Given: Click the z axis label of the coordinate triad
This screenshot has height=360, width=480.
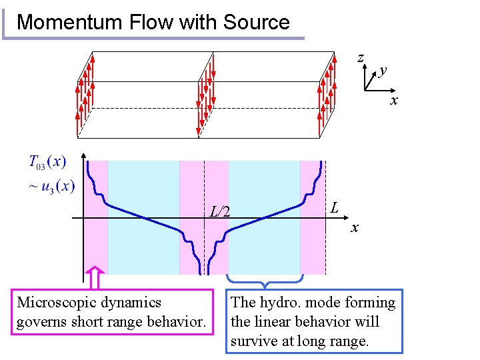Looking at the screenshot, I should point(361,58).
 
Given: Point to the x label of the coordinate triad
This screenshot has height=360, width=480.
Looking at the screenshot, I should point(394,100).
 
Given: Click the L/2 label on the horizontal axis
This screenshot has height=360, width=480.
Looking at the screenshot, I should point(220,212).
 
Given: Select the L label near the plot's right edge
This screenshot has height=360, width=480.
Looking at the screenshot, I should point(336,207).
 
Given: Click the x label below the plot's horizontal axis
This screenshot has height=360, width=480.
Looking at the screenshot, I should point(355,229).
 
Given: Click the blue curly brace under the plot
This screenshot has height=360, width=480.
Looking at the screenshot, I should point(265,281).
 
